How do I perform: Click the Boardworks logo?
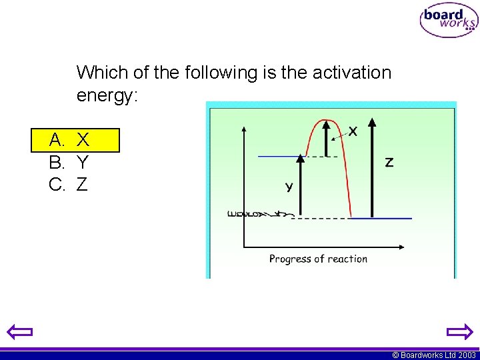(449, 21)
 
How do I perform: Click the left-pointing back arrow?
(21, 332)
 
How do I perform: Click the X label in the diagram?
(353, 131)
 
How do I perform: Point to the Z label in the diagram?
(389, 162)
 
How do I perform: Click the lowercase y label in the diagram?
(289, 187)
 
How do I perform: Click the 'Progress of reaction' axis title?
(318, 259)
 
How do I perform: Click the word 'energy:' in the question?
(107, 95)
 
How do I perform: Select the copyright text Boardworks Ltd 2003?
(434, 355)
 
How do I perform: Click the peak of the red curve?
(325, 121)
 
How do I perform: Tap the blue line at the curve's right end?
(381, 218)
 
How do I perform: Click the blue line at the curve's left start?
(280, 157)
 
